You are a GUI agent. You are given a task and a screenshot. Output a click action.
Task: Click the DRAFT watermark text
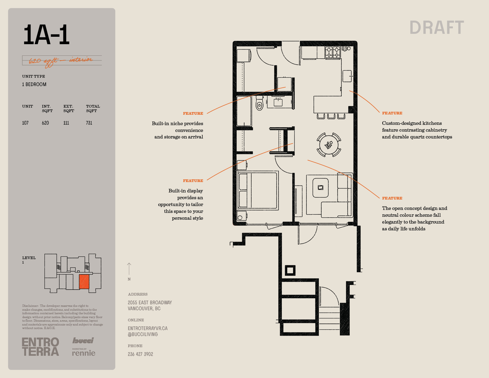click(437, 28)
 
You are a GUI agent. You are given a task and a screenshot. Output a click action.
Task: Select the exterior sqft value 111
click(66, 123)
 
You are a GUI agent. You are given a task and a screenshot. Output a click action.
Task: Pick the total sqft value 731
click(89, 123)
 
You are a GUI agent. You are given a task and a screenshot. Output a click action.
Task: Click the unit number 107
click(25, 123)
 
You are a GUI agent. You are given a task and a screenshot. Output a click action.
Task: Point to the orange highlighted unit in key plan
click(84, 282)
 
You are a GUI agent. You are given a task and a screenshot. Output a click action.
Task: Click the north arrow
click(129, 269)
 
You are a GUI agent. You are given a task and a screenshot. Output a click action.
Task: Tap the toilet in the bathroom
click(259, 103)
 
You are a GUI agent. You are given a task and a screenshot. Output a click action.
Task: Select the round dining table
click(329, 145)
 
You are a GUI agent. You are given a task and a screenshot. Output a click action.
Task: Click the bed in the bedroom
click(258, 190)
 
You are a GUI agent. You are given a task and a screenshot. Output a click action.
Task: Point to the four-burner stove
click(333, 52)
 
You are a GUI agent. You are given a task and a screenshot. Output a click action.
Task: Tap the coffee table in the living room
click(320, 188)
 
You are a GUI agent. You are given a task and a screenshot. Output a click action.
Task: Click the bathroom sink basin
click(278, 102)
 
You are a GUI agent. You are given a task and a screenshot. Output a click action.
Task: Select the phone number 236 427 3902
click(140, 354)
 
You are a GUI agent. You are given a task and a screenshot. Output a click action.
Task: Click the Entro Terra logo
click(41, 347)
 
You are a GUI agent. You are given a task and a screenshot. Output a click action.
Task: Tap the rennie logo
click(84, 352)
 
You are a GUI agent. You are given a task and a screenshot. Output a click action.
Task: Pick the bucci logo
click(83, 340)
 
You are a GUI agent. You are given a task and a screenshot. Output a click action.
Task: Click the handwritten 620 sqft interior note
click(61, 61)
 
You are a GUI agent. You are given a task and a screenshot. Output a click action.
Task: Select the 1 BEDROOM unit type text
click(34, 84)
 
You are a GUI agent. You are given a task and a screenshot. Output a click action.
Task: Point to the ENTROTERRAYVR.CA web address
click(148, 328)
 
